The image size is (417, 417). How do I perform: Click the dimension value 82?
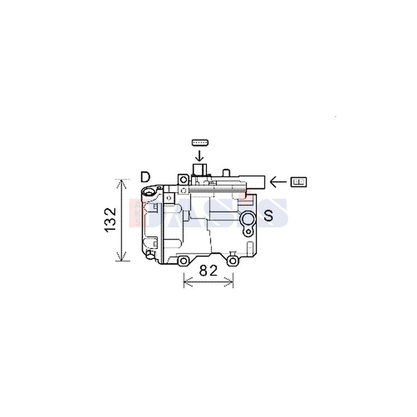208,271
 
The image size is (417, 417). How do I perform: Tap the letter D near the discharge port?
145,177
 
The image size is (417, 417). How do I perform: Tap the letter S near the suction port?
268,215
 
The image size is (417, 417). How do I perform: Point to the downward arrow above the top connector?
199,154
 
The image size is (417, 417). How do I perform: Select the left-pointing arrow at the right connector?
278,182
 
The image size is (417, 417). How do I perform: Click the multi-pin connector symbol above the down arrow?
199,142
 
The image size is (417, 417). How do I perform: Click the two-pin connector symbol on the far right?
297,182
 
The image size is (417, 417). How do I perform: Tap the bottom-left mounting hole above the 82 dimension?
184,261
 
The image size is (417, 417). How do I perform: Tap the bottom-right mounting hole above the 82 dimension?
233,261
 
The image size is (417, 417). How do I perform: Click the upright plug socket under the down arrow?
199,170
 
